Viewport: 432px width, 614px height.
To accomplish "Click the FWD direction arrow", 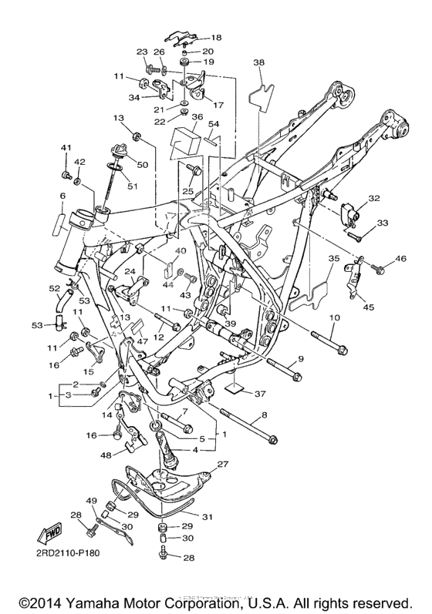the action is pos(50,534).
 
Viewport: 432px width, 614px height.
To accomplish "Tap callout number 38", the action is pos(258,62).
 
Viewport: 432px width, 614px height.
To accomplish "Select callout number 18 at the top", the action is pos(216,38).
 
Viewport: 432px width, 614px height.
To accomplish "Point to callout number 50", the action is pos(143,164).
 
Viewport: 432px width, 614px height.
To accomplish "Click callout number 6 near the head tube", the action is pos(62,195).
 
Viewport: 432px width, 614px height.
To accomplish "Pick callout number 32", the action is pos(374,198).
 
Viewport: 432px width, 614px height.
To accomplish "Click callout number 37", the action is pos(260,394).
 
